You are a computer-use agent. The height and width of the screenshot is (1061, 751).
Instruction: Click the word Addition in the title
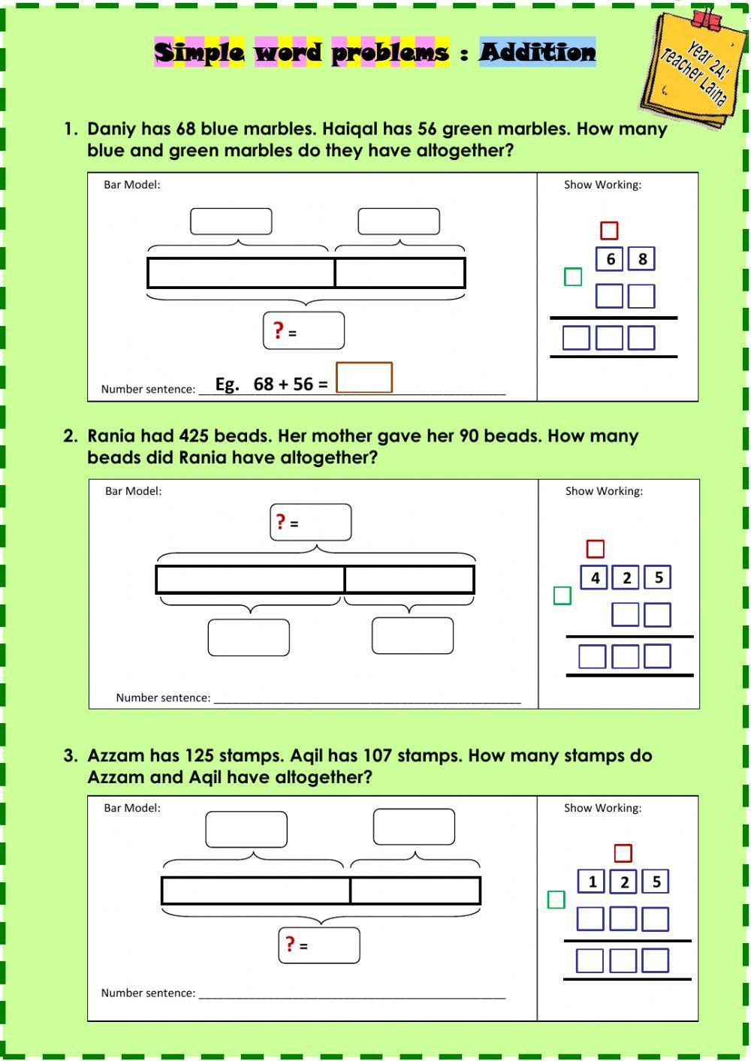tap(537, 52)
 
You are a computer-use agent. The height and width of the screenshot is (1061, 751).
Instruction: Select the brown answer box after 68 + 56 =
tap(363, 378)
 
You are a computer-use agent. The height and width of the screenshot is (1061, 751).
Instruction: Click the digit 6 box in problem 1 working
tap(610, 259)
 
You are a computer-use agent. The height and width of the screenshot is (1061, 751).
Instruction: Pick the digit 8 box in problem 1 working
tap(642, 259)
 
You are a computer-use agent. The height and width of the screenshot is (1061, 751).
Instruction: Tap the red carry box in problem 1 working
tap(609, 231)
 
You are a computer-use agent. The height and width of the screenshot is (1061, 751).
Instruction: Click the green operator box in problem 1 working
tap(573, 277)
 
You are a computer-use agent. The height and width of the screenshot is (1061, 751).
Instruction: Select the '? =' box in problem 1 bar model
tap(303, 331)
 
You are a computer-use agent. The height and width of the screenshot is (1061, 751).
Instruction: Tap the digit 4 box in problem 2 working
tap(595, 577)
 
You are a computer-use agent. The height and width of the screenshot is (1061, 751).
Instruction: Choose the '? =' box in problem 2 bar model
tap(310, 523)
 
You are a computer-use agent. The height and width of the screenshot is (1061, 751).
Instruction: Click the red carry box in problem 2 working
tap(595, 549)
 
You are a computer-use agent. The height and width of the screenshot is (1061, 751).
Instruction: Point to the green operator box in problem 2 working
tap(562, 595)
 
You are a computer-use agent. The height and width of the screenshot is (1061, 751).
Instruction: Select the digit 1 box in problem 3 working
tap(592, 882)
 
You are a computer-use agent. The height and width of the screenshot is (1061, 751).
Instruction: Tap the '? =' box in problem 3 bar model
tap(319, 945)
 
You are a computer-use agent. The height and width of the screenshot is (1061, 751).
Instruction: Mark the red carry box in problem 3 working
tap(623, 853)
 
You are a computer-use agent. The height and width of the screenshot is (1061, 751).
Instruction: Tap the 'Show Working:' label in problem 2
tap(604, 491)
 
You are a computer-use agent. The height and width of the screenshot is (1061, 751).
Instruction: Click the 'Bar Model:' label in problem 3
tap(132, 808)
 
